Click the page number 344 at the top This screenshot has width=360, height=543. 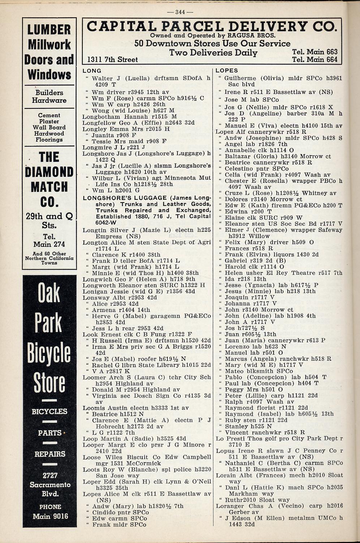pyautogui.click(x=180, y=12)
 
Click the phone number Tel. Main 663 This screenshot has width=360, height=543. pyautogui.click(x=314, y=52)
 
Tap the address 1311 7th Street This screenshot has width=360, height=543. pyautogui.click(x=112, y=60)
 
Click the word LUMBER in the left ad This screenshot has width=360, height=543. pyautogui.click(x=49, y=30)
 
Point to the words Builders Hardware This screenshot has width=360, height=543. pyautogui.click(x=49, y=96)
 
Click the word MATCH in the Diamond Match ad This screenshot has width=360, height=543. pyautogui.click(x=49, y=187)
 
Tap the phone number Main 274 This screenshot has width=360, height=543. pyautogui.click(x=49, y=244)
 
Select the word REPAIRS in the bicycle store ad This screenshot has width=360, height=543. pyautogui.click(x=50, y=454)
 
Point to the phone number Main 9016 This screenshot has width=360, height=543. pyautogui.click(x=50, y=516)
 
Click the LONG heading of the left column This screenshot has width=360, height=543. pyautogui.click(x=92, y=71)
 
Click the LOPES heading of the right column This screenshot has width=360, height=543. pyautogui.click(x=227, y=71)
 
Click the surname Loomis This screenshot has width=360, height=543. pyautogui.click(x=93, y=408)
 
